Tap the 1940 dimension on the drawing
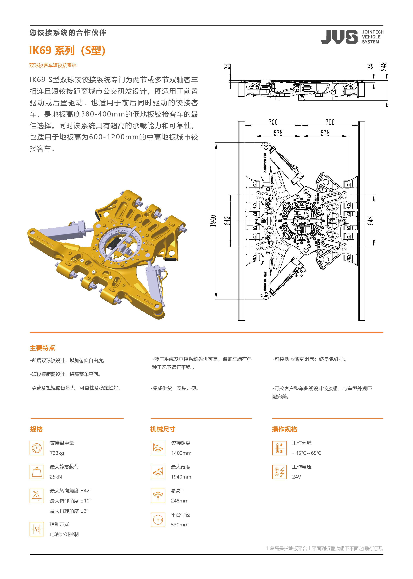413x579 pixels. point(213,221)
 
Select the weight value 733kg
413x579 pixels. point(57,453)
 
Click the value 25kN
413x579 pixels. point(56,477)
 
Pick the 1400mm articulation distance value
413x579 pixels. point(181,453)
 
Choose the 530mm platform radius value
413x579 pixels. point(180,525)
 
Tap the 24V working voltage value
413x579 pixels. point(297,477)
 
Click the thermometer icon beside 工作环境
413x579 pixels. point(279,448)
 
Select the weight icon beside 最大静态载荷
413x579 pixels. point(37,472)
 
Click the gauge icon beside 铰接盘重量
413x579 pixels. point(37,448)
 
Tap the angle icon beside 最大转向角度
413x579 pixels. point(37,496)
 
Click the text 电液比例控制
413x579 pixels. point(64,534)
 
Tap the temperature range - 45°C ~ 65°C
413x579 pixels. point(307,453)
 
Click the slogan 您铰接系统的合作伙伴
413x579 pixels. point(68,33)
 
